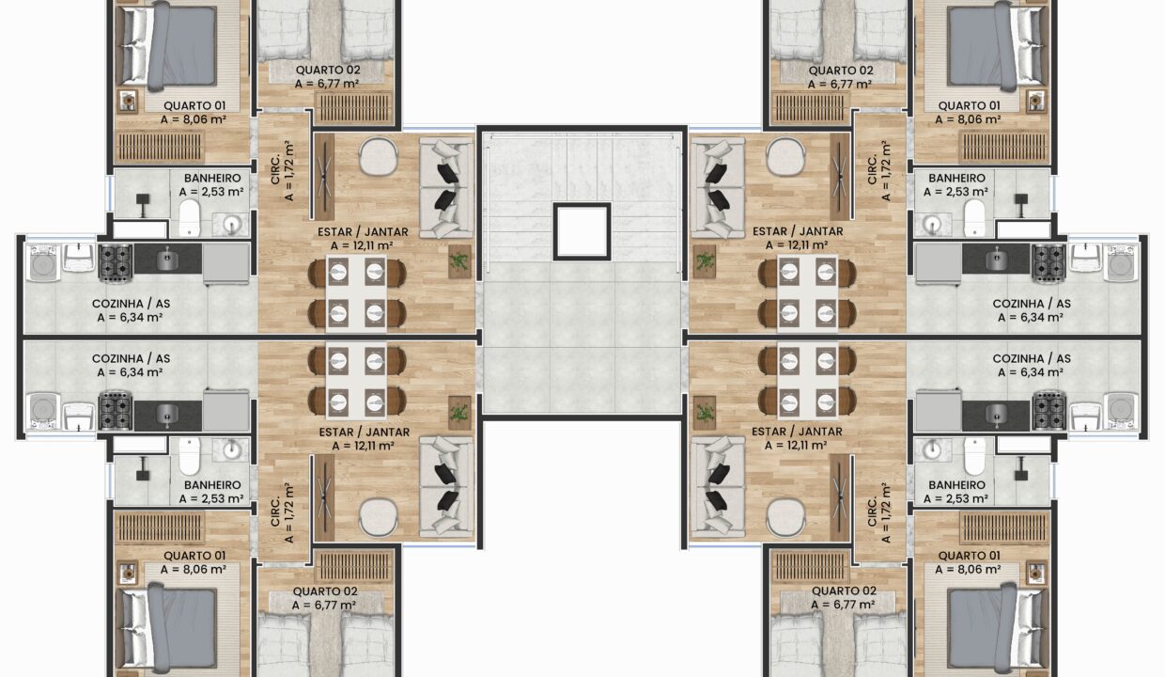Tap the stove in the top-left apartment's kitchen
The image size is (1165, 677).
point(116,262)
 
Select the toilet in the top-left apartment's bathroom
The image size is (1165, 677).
point(190,217)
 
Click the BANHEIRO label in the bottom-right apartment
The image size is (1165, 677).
point(956,485)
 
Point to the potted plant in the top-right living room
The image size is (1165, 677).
point(704,261)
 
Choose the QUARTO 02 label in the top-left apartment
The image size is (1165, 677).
point(326,71)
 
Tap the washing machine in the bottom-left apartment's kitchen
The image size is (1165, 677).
point(43,411)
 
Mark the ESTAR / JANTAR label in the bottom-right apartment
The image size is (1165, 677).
point(798,432)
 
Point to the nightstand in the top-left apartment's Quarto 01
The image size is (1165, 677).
point(128,102)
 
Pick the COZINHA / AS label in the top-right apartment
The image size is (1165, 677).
point(1032,304)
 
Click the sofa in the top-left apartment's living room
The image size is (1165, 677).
point(446,187)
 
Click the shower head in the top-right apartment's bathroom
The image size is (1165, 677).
point(1021,200)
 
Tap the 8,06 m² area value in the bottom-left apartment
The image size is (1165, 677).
point(193,569)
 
